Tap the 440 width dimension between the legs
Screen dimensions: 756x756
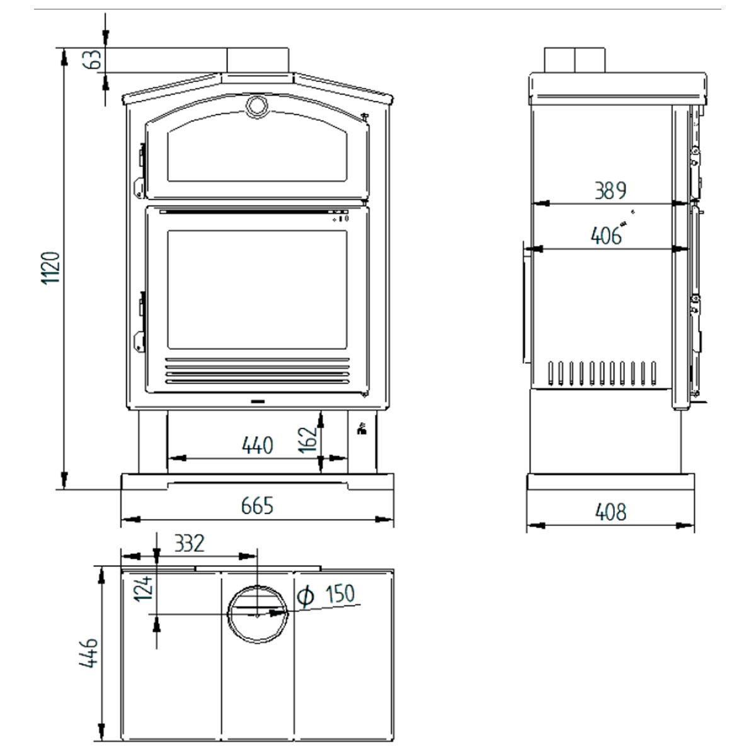click(258, 445)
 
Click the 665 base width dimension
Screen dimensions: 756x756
click(258, 506)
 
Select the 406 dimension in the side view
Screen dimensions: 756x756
click(605, 236)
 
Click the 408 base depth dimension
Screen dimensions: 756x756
click(610, 512)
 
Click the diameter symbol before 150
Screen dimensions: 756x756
click(305, 596)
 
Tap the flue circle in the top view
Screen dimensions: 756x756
click(257, 614)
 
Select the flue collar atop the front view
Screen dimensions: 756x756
click(258, 61)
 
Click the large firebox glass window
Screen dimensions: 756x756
click(257, 289)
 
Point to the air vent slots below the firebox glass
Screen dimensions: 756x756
click(257, 371)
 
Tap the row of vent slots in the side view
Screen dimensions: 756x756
click(603, 373)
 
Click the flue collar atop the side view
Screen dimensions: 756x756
click(575, 60)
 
